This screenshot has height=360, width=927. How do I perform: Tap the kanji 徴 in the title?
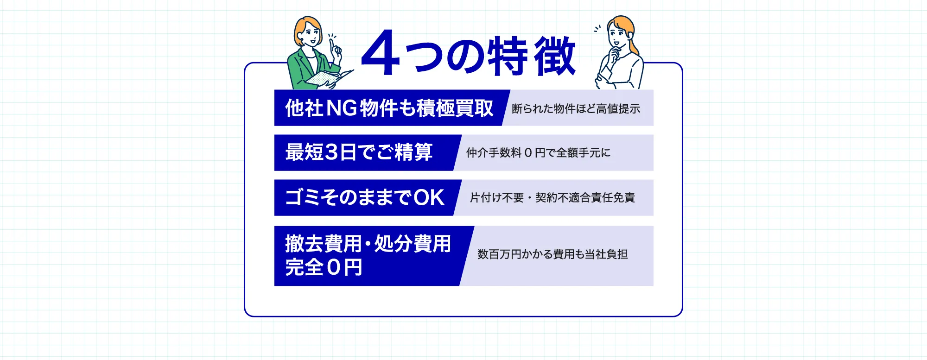555,56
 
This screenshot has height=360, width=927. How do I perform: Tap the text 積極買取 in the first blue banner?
455,108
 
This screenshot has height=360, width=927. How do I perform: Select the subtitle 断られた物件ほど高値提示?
576,108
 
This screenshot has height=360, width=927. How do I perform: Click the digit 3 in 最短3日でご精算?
331,152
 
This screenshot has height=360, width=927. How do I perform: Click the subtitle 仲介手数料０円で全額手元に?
538,152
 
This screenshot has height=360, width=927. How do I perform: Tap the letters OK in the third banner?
429,197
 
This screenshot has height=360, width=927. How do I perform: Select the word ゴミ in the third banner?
303,197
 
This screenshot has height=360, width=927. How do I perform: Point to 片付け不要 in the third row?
497,198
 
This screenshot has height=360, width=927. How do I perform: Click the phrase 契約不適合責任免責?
585,198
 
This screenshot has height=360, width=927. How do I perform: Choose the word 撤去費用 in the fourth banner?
323,244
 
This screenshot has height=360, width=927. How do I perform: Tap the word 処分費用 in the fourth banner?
413,244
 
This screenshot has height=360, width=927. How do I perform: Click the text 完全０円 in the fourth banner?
324,267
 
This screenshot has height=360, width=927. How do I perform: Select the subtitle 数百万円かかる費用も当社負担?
552,254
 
